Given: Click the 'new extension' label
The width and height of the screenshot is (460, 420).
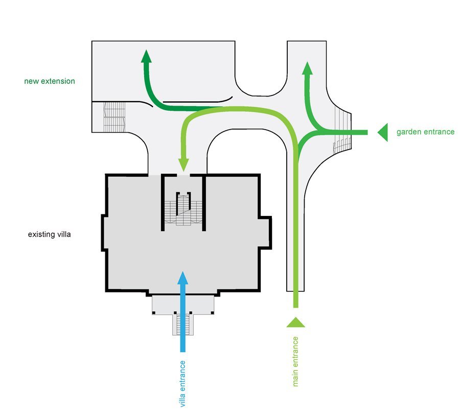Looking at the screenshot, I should click(50, 81).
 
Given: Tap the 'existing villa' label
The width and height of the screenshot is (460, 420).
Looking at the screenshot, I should click(51, 235).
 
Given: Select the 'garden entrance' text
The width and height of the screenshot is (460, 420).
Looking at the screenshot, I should click(425, 132).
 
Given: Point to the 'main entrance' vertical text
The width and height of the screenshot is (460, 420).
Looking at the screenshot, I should click(295, 361).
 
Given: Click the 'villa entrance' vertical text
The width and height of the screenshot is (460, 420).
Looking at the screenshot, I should click(182, 384).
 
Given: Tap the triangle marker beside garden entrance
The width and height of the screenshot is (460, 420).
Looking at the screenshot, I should click(383, 132).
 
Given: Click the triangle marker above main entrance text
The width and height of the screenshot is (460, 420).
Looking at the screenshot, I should click(295, 322).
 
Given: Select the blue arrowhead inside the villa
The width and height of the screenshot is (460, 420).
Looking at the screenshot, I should click(182, 278).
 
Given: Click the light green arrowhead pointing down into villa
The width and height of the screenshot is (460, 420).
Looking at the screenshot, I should click(183, 165).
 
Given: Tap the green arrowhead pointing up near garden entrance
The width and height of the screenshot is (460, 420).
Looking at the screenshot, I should click(307, 68).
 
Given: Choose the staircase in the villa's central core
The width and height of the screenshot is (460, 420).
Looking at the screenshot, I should click(184, 210).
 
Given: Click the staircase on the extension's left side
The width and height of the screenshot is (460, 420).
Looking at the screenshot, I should click(114, 117).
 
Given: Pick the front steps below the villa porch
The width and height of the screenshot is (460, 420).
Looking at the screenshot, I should click(183, 325).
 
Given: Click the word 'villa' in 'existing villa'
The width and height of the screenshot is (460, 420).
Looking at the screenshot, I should click(65, 235).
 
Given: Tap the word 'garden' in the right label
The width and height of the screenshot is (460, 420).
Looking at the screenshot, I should click(409, 132).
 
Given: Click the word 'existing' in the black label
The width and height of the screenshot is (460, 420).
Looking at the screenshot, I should click(41, 235).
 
